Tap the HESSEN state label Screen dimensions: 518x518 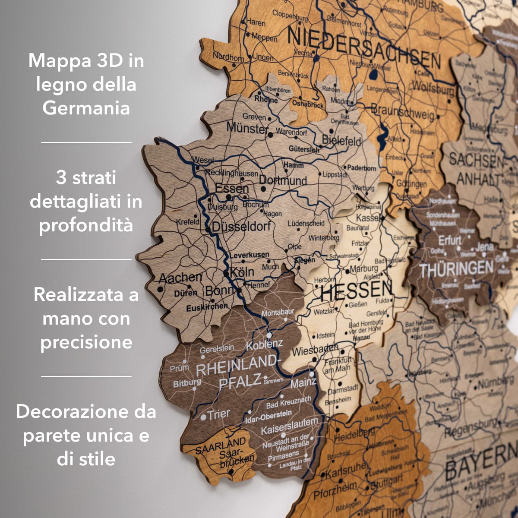pos(356,291)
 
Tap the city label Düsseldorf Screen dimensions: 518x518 pos(241,227)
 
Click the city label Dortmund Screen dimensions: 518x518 pos(283,180)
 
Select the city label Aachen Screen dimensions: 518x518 pos(180,278)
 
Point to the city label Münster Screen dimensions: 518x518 pos(247,128)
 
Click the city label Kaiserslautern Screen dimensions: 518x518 pos(289,426)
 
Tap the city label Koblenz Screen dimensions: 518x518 pos(264,345)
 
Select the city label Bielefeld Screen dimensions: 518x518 pos(341,141)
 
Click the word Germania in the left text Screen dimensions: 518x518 pos(86,108)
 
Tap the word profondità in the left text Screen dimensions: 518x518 pos(86,225)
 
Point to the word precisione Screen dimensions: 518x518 pos(86,342)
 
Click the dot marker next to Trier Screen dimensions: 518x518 pos(203,417)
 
